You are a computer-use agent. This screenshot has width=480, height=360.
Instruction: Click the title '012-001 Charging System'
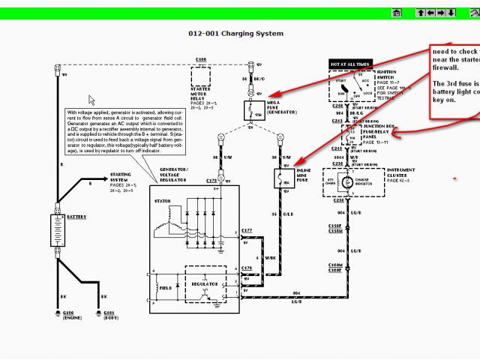click(235, 34)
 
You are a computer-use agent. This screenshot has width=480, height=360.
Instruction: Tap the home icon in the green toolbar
click(397, 13)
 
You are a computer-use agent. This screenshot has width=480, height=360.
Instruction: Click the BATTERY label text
click(76, 217)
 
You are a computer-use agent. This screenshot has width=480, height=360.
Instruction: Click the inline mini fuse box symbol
click(283, 179)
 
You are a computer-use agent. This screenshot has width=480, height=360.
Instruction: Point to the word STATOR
click(162, 202)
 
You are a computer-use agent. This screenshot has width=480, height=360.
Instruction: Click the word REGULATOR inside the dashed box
click(204, 284)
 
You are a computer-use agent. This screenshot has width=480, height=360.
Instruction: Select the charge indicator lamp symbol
click(347, 182)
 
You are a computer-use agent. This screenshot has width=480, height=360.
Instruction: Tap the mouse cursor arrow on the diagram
click(91, 100)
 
